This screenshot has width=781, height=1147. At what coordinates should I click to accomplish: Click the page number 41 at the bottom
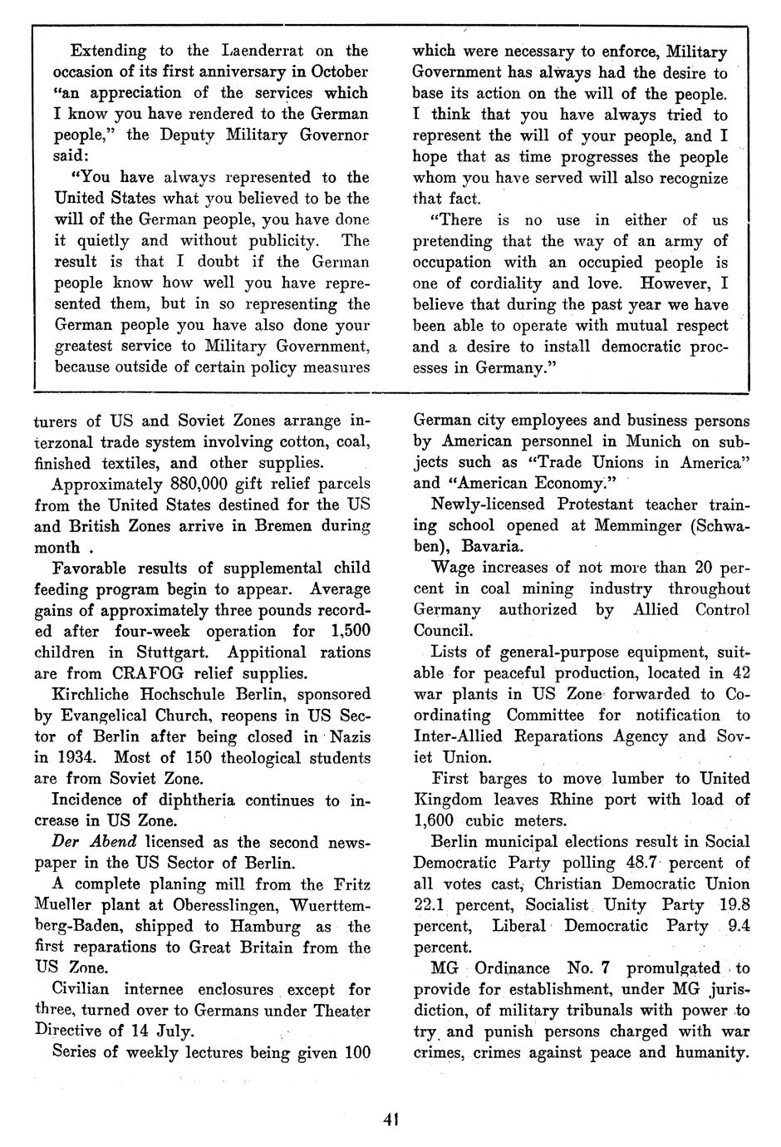pyautogui.click(x=391, y=1120)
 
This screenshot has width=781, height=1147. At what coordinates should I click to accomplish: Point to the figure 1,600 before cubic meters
pyautogui.click(x=434, y=820)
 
